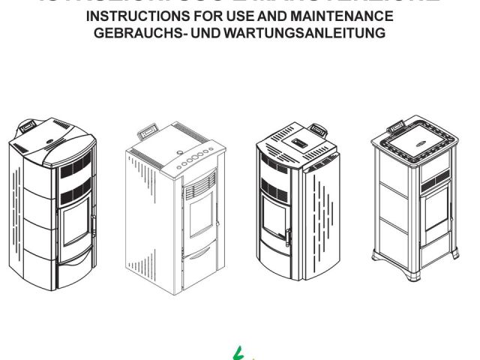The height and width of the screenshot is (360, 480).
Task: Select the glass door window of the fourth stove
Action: (437, 214)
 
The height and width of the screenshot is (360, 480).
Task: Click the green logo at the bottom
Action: (241, 350)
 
